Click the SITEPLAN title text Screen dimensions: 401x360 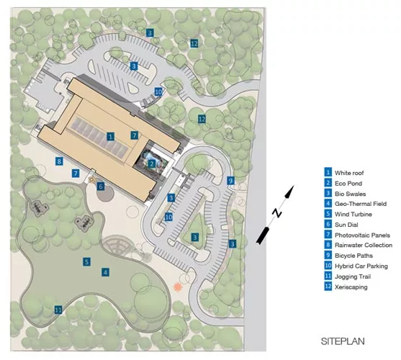pos(343,341)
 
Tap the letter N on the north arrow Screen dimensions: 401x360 pos(276,212)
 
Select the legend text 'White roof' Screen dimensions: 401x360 pos(349,173)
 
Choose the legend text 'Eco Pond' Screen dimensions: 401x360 pos(348,184)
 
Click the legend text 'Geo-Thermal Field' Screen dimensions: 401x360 pos(361,204)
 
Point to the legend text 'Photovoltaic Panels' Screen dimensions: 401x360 pos(362,235)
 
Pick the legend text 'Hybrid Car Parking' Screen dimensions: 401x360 pos(361,266)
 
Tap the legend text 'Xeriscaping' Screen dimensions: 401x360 pos(351,287)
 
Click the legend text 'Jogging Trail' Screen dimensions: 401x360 pos(353,276)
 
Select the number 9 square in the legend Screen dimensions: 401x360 pos(328,255)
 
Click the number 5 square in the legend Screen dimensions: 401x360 pos(328,213)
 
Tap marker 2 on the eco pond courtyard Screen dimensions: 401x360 pos(152,163)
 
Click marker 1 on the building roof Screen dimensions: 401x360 pos(110,137)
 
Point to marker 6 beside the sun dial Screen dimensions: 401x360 pos(101,186)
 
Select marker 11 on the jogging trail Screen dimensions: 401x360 pos(58,310)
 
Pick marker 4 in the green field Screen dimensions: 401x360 pos(105,272)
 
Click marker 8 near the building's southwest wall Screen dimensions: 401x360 pos(59,161)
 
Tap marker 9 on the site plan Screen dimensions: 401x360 pos(230,181)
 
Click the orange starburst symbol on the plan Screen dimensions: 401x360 pos(176,287)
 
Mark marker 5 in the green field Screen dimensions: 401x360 pos(86,261)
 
